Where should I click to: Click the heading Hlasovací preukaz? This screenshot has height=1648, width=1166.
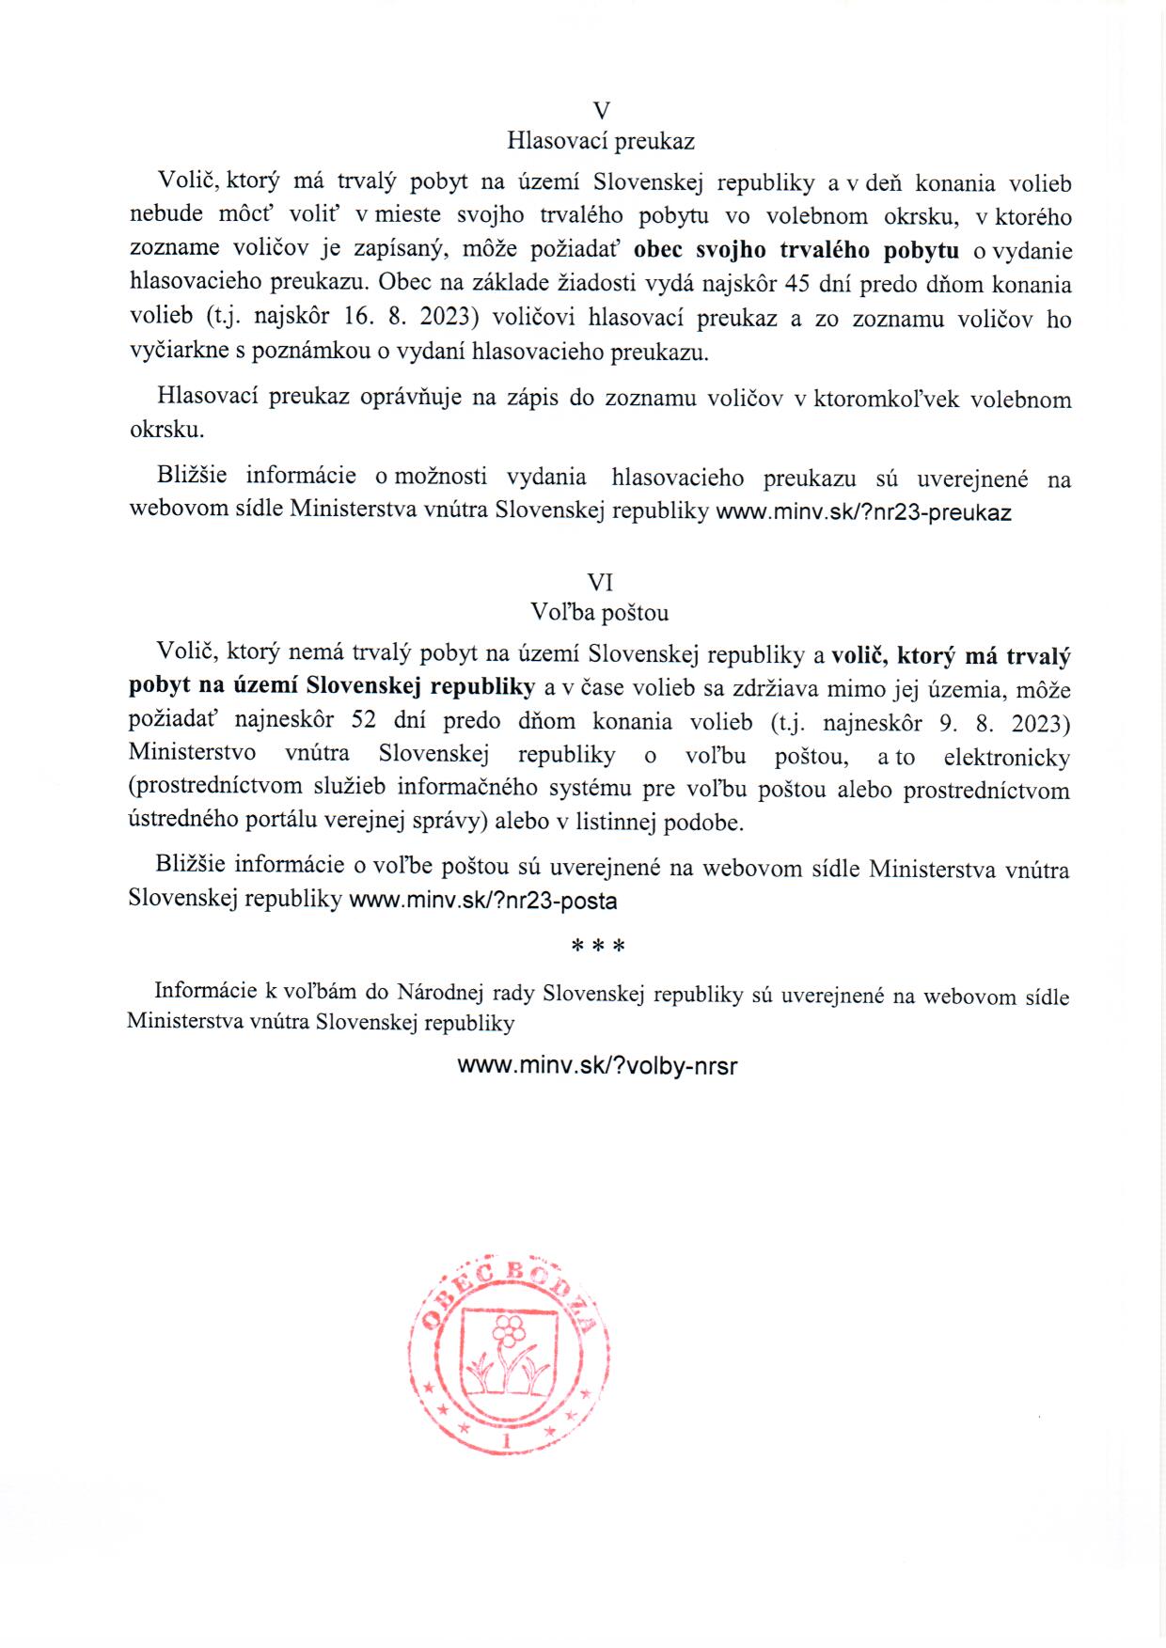(601, 141)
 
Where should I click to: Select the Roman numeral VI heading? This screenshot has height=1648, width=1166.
(600, 582)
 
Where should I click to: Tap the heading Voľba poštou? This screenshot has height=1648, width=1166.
(600, 613)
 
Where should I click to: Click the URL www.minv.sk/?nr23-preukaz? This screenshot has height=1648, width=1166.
(863, 512)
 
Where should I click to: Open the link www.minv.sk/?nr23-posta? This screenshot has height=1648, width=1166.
(483, 901)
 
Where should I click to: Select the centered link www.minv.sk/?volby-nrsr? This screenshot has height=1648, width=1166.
(597, 1066)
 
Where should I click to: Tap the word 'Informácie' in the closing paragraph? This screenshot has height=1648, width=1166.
(205, 990)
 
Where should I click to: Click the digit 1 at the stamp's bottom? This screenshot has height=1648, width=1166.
(509, 1440)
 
